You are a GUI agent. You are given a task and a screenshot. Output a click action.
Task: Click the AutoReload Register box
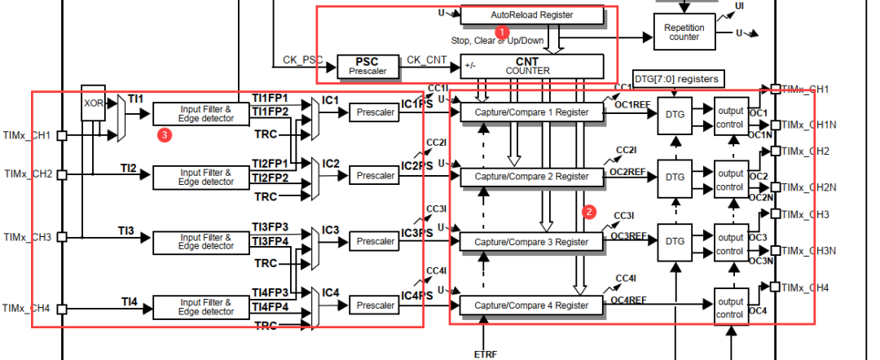tap(532, 15)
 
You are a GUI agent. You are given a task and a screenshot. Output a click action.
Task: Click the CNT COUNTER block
tap(532, 66)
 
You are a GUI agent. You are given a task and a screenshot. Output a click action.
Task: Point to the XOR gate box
tap(94, 103)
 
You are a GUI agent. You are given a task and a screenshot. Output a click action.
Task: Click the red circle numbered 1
tap(504, 30)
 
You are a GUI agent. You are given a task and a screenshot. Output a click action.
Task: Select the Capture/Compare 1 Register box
tap(532, 112)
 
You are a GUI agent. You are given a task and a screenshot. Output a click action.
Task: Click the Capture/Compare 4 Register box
tap(532, 305)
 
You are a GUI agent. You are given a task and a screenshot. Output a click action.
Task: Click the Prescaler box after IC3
tap(375, 241)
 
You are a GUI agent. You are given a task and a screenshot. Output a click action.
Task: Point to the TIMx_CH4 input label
tap(26, 308)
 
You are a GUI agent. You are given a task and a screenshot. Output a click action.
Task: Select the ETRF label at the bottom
tap(486, 353)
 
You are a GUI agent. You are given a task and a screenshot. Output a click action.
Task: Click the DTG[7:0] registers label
tap(676, 79)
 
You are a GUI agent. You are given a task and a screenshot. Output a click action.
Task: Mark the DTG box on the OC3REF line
tap(675, 241)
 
